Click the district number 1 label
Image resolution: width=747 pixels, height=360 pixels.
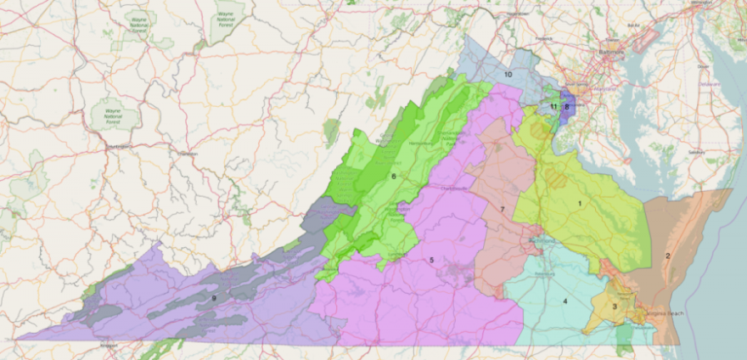580,204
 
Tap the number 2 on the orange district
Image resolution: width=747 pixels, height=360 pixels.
668,256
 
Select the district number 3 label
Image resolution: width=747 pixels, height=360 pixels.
614,306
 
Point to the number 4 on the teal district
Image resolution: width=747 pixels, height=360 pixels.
564,301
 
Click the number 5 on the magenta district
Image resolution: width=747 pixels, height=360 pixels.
431,260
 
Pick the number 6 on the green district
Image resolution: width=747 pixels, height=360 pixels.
394,177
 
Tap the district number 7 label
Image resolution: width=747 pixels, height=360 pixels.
503,209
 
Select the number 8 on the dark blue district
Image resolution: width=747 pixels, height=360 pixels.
566,106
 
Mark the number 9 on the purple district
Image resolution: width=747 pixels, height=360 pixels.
214,297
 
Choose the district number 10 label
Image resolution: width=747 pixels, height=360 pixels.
508,75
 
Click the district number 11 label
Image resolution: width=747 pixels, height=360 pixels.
553,106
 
